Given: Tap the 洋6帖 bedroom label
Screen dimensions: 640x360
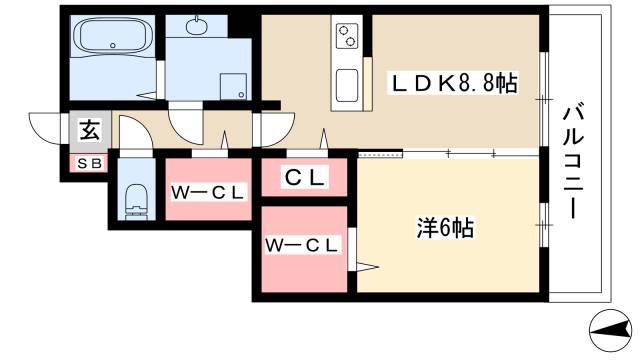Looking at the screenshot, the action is coord(445,228).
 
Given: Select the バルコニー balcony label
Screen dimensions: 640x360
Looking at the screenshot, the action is coord(573,162).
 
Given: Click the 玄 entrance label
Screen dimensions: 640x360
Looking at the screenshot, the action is coord(90,131).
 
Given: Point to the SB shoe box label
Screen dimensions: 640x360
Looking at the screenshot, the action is coord(89,164).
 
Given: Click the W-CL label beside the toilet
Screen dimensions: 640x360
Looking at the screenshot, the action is coord(207,193).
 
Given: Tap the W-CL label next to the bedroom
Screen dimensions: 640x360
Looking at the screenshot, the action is coord(302,245).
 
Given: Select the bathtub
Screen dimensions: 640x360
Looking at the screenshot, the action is coord(113,36).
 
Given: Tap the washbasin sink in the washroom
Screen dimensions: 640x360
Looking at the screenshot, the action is coord(196,26).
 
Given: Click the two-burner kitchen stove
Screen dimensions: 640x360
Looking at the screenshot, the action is coord(347,35).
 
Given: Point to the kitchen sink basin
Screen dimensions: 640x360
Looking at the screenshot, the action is coord(347,85).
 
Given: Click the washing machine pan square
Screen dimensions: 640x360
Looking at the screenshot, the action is coord(233,87).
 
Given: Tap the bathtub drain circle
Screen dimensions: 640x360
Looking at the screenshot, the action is coord(113,46).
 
